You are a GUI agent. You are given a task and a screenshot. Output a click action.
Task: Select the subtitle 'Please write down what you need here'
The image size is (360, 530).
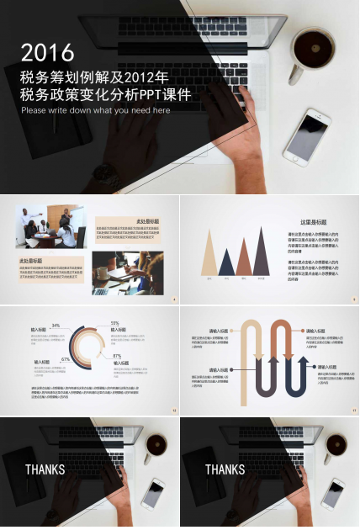[95, 110]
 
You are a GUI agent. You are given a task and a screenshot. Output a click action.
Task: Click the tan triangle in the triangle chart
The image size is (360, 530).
[209, 254]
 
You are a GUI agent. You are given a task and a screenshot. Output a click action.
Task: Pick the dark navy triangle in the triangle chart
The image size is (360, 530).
[227, 262]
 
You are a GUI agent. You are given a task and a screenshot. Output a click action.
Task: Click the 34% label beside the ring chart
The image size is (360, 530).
[56, 326]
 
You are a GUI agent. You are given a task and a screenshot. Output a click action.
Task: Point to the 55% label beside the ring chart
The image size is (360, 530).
[114, 323]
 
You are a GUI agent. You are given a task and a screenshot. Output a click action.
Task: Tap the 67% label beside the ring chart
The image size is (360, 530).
[65, 359]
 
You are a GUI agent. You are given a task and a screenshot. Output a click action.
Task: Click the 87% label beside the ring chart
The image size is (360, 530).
[117, 357]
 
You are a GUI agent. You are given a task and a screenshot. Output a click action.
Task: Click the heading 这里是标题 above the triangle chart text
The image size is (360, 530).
[314, 222]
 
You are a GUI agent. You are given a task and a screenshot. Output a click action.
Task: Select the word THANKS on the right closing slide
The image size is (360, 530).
[225, 469]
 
